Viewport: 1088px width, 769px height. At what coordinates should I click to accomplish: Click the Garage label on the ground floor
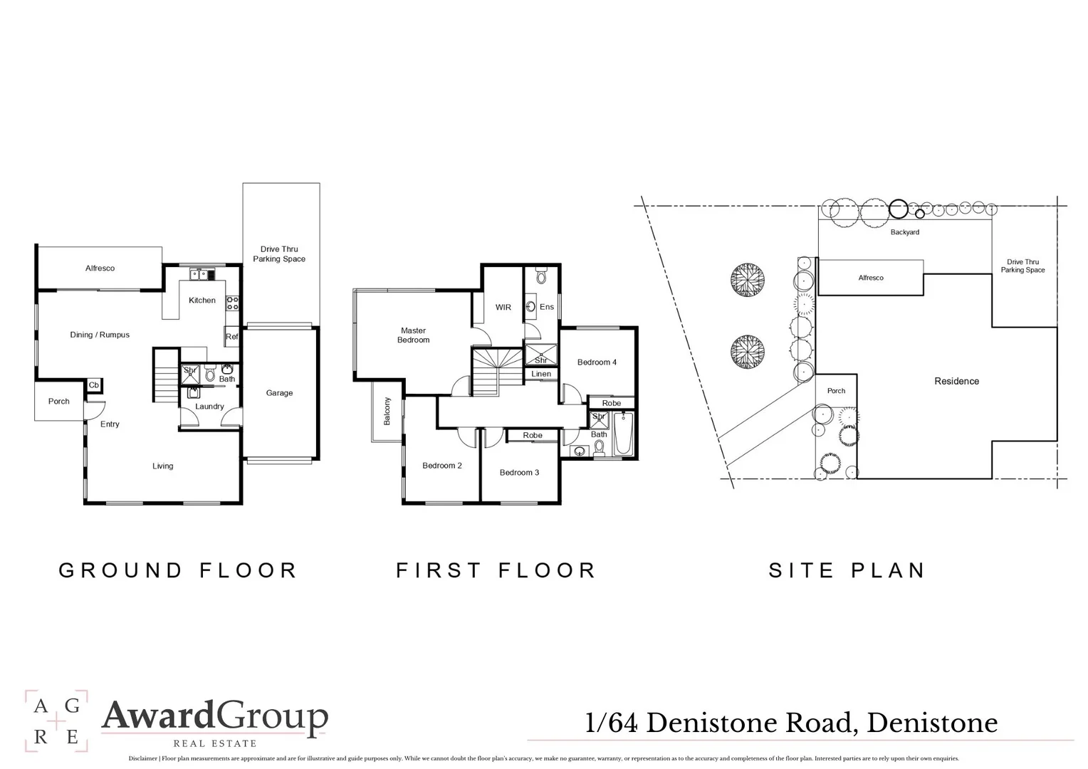(x=279, y=393)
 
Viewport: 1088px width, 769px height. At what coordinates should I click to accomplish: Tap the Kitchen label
(x=202, y=300)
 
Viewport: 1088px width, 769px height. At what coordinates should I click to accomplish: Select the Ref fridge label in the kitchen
(x=231, y=338)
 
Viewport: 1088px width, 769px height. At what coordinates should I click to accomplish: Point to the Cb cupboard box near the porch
(x=94, y=385)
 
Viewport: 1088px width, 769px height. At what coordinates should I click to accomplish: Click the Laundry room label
(x=209, y=407)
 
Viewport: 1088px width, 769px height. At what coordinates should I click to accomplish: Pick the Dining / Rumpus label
(x=100, y=335)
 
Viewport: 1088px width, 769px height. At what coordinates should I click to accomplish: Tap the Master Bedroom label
(x=413, y=335)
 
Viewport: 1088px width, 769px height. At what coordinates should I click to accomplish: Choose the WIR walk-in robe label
(x=503, y=308)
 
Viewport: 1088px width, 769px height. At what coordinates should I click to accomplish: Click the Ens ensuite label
(x=546, y=307)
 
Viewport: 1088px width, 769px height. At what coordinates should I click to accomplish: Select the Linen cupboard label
(x=541, y=374)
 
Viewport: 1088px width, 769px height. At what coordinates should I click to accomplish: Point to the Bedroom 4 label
(x=597, y=362)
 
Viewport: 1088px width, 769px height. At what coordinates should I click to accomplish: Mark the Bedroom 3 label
(x=519, y=473)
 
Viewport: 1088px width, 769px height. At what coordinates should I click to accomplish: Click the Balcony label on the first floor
(x=387, y=412)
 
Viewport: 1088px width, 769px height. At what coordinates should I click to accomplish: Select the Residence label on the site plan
(x=956, y=382)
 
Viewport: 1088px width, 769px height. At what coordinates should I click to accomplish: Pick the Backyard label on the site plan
(x=904, y=232)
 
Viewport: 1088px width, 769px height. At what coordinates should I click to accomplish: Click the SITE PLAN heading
(x=847, y=570)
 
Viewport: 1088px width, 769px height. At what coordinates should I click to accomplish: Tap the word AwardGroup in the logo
(x=214, y=716)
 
